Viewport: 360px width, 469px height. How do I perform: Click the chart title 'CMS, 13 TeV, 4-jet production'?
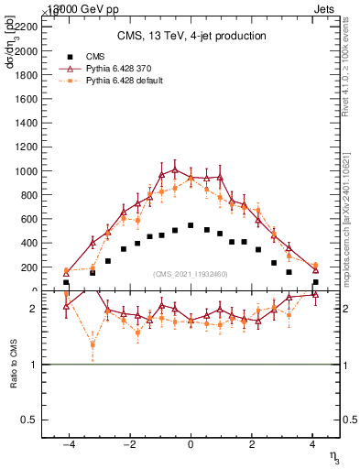[x=191, y=37]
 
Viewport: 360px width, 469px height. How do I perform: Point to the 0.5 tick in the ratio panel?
[x=29, y=420]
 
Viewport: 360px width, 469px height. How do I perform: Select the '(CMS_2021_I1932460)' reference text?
[x=191, y=274]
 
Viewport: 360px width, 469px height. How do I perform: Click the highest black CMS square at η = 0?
[x=191, y=225]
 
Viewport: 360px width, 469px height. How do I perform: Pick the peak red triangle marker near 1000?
[x=175, y=169]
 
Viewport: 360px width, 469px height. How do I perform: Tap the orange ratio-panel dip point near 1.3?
[x=93, y=345]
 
